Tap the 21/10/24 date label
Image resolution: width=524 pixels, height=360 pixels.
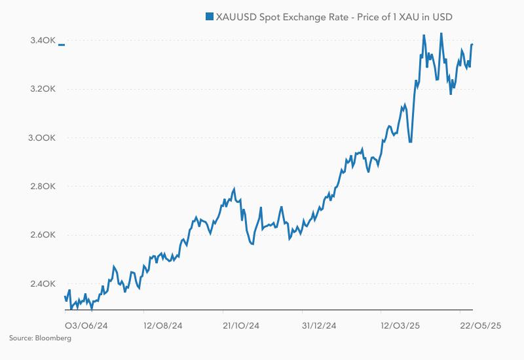(x=241, y=325)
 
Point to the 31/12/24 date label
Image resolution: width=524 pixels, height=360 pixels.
(x=320, y=325)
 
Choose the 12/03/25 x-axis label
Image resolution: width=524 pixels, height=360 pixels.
(x=400, y=325)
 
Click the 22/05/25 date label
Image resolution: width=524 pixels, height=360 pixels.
(x=479, y=325)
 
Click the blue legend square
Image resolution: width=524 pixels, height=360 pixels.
(x=210, y=16)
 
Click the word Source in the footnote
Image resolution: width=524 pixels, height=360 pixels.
(x=20, y=338)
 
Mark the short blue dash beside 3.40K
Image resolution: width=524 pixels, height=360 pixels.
(x=62, y=45)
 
